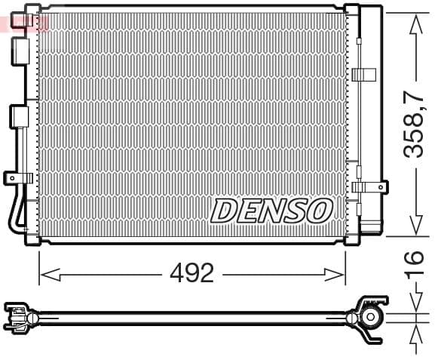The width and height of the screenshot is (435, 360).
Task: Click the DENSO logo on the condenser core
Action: pos(271,211)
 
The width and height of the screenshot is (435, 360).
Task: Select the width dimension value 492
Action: pos(191,273)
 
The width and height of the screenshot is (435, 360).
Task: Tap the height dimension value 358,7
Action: pos(414,125)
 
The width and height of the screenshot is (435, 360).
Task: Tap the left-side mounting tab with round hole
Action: pos(15,178)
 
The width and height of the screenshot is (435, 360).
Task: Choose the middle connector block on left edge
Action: pos(19,117)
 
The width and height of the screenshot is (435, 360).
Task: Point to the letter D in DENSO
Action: pos(224,211)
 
